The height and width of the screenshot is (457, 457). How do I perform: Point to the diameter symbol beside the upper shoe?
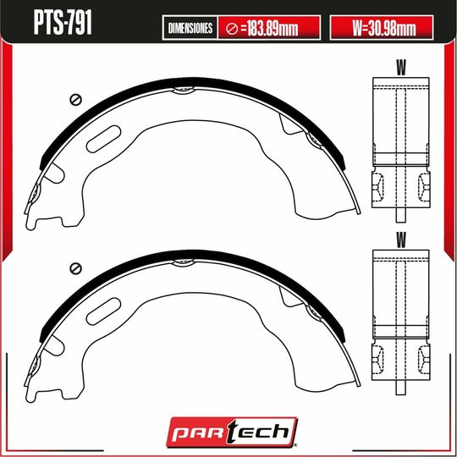click(x=75, y=99)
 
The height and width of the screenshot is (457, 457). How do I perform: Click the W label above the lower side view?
click(x=400, y=240)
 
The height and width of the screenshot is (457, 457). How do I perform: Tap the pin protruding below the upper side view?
click(x=399, y=217)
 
